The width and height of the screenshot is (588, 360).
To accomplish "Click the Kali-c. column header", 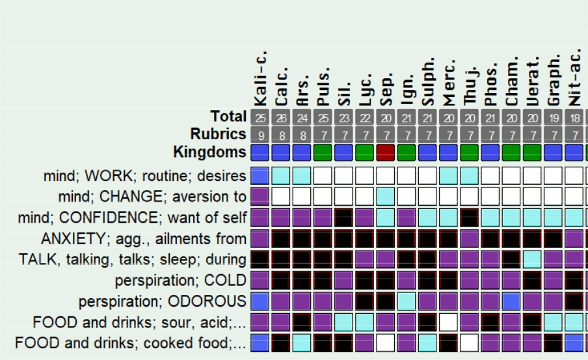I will point(260,78).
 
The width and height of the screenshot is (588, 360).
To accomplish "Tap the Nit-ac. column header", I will point(574,78).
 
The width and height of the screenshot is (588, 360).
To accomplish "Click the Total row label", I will point(228,117).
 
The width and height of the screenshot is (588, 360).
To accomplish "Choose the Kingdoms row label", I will point(209,152).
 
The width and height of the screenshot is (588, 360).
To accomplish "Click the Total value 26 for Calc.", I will point(281,118).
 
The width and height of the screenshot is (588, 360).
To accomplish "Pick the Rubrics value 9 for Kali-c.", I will point(260,135).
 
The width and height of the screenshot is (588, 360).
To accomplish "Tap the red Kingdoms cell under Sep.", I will point(386,153).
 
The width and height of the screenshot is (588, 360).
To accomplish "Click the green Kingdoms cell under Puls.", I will point(323,153).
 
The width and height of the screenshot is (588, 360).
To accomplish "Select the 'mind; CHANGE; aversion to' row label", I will point(152,197).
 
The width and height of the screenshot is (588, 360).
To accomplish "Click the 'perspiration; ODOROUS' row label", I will point(162,302).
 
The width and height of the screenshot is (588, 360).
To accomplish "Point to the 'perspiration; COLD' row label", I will point(180,281).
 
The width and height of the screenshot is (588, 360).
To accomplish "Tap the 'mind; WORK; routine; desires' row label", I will point(144,176).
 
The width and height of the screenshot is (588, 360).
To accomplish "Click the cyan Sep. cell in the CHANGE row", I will point(386,196).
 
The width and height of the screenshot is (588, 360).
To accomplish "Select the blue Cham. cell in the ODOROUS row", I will point(511,301).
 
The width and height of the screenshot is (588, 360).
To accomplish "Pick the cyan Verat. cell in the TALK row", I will point(532,259).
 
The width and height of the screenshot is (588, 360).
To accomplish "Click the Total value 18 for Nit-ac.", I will point(574,118).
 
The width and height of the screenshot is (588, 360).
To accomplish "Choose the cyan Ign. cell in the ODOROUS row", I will point(407,301).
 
